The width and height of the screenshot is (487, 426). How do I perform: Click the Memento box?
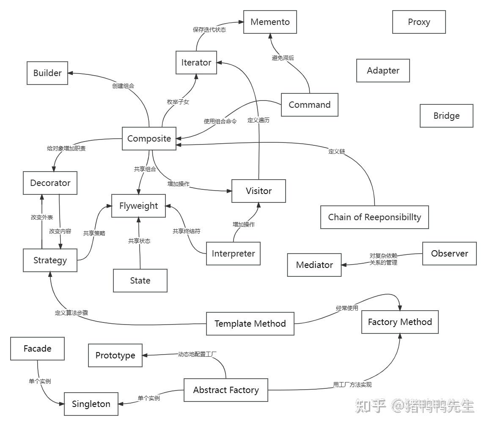pos(270,22)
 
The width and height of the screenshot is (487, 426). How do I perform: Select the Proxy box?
pos(419,22)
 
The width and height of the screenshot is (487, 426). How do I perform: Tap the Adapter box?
pos(383,71)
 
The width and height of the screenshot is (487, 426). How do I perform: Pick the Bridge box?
pos(446,116)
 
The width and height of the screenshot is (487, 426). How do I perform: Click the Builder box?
pos(47,73)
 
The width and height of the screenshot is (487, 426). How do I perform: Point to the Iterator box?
pos(196,63)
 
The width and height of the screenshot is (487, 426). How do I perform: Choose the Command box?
pos(309,105)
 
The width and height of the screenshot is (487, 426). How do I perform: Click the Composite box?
pos(149,139)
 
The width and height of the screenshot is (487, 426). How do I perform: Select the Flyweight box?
pos(138,206)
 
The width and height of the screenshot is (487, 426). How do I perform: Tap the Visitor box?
pos(259,191)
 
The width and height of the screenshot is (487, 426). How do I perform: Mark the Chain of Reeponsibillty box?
pos(374,217)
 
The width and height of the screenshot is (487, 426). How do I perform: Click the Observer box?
pos(449,254)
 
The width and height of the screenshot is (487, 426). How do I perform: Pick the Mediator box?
pos(314,265)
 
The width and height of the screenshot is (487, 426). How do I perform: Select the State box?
pos(140,281)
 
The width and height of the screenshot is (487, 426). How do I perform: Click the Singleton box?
pos(91,404)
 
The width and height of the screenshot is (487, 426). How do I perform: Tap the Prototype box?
pos(115,355)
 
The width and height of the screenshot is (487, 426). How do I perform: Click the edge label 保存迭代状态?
pos(209,30)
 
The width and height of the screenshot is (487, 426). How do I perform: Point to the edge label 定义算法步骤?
pos(72,313)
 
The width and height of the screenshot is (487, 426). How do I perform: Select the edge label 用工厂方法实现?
pos(352,385)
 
